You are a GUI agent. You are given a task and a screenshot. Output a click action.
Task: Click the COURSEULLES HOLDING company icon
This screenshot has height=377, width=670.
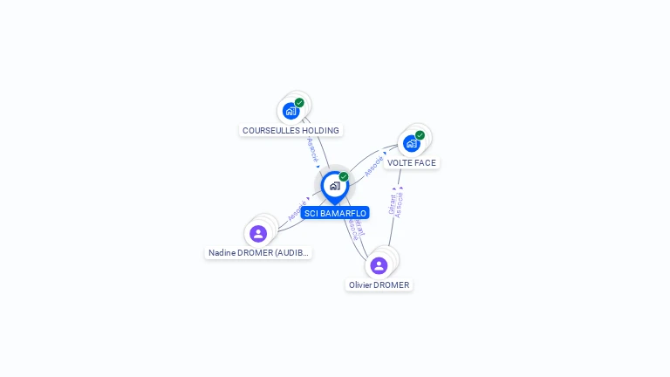tap(291, 111)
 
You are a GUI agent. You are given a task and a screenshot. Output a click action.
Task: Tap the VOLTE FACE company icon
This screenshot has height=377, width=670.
tap(411, 143)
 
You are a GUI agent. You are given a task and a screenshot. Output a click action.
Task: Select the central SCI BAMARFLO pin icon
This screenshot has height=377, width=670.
tap(334, 186)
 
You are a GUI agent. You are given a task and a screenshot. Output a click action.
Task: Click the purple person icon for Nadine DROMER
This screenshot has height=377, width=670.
tap(258, 234)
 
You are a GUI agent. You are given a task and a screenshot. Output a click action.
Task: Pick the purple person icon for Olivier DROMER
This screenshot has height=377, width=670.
tap(379, 265)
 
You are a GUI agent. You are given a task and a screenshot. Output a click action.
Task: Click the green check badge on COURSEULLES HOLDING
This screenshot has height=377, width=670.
tap(299, 103)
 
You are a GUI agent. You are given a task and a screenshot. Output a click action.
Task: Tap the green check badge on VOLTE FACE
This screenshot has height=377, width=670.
tap(420, 135)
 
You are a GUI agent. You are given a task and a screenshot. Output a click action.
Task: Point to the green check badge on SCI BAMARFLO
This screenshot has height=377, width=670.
tap(344, 177)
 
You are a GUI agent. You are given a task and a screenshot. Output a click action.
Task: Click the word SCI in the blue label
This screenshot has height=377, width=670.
tap(311, 213)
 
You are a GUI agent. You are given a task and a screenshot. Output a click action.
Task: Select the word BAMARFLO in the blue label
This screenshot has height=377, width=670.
tap(343, 213)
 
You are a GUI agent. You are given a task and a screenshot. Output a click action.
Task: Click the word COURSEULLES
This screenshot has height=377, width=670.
tap(271, 130)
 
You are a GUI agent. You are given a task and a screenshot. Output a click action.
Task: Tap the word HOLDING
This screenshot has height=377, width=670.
tap(320, 130)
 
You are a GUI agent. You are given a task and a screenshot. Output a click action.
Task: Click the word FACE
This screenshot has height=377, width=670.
tap(426, 162)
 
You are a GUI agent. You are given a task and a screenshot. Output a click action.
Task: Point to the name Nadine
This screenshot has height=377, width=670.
tap(222, 253)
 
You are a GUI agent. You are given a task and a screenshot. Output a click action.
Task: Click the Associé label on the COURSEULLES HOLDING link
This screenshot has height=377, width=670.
tap(312, 149)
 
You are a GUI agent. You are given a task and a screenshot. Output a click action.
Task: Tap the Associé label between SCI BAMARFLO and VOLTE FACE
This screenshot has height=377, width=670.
tap(374, 166)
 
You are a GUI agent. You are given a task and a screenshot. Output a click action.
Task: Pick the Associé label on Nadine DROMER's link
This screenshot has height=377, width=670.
tap(297, 209)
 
